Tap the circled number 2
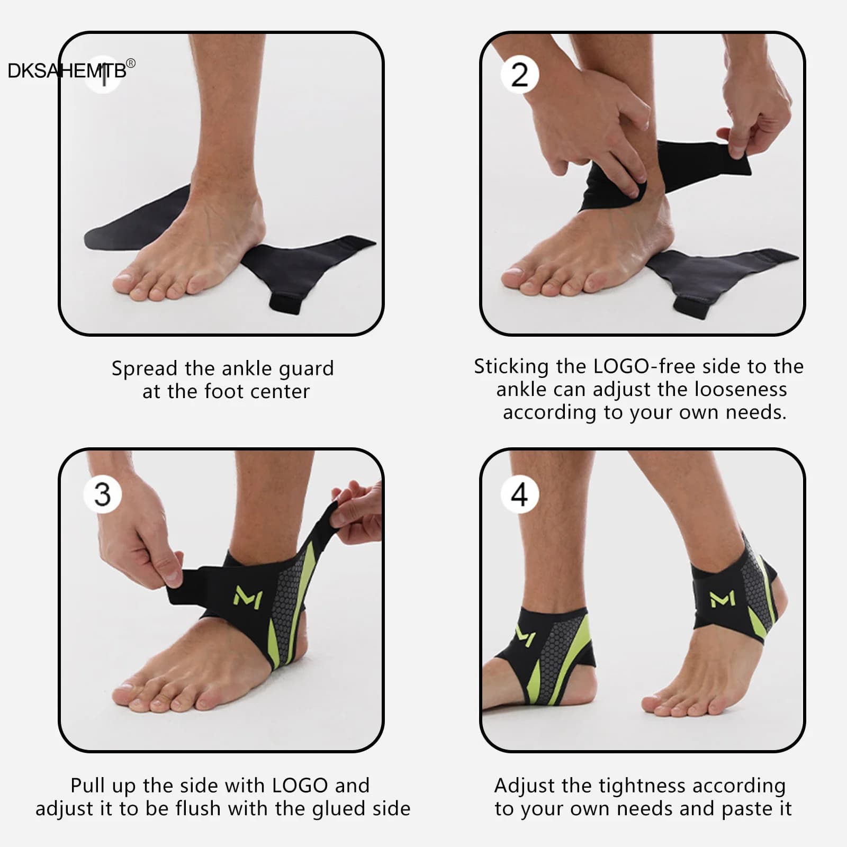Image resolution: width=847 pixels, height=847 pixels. point(520,75)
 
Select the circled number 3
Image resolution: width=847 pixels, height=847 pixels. point(103,494)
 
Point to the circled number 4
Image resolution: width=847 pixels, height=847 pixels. point(520,494)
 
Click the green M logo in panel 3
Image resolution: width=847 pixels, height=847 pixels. point(247,597)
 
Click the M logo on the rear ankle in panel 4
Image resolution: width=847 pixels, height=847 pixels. point(722,598)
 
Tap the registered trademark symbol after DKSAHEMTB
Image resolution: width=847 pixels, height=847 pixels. point(131,64)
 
